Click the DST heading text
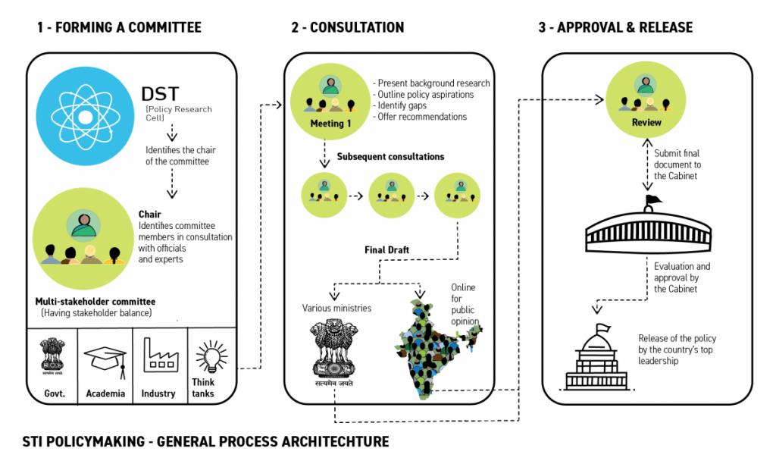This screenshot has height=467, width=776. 161,95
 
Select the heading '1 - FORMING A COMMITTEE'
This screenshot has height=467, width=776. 119,27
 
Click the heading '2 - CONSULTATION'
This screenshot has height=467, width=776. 347,27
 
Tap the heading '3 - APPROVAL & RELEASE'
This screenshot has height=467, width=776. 615,27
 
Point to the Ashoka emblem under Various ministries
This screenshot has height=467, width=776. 333,350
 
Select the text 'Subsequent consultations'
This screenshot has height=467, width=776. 390,157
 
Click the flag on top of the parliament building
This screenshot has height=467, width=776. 652,201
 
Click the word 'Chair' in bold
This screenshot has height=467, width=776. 149,215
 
